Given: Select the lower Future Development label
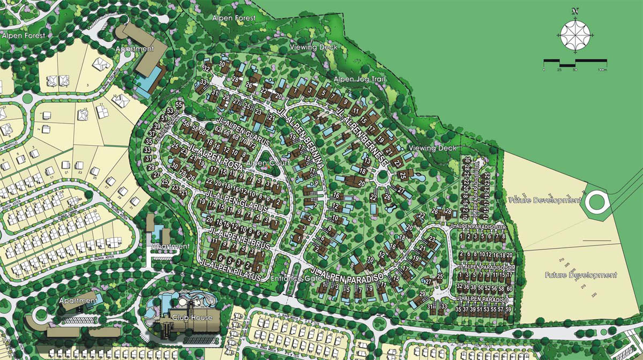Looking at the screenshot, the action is coord(581,275).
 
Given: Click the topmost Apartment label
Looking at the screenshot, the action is coord(134,49).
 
